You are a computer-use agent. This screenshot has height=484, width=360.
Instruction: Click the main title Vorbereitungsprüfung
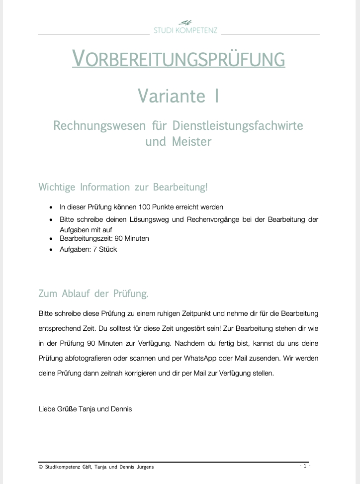coord(179,59)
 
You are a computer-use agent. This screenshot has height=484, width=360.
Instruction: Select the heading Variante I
coord(178,96)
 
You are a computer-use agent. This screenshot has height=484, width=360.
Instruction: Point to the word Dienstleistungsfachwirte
coord(237,125)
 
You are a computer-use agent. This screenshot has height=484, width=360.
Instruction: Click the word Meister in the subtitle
coord(191,141)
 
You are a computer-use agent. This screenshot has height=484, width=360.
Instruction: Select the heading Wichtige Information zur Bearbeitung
coord(123,188)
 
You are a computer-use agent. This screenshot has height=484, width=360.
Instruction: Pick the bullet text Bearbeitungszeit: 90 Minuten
coord(104,238)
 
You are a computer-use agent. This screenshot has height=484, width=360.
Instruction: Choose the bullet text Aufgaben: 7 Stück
coord(89,249)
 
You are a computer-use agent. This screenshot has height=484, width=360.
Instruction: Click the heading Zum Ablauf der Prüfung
coord(93,293)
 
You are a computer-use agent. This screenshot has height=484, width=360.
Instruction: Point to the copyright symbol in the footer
coord(40,467)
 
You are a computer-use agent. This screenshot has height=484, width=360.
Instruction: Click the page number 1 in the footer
coord(305,466)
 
